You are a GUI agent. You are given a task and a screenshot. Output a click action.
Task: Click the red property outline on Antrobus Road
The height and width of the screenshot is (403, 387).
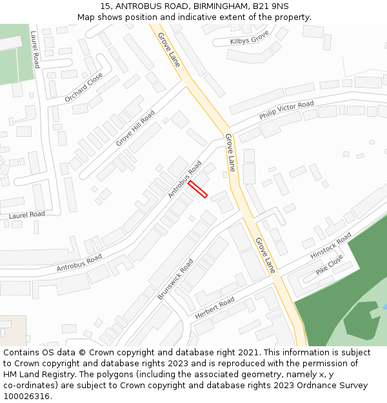click(197, 190)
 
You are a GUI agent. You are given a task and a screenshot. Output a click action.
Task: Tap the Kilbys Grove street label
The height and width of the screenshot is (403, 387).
click(249, 41)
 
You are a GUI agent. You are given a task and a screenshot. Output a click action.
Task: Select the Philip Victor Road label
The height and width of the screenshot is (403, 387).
click(286, 110)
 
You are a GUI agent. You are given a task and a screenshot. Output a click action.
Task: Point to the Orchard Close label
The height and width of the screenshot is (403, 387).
click(83, 87)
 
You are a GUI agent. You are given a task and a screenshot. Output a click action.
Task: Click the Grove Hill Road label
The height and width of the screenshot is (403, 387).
click(135, 128)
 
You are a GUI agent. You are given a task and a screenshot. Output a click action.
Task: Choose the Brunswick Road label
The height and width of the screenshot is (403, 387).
click(175, 279)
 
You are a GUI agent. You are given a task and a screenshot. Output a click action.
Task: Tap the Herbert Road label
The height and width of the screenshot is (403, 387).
click(215, 309)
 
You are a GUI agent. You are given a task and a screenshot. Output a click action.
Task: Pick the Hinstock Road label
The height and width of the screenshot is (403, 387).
click(331, 246)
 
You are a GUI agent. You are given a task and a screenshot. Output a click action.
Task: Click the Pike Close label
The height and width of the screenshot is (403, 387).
click(330, 265)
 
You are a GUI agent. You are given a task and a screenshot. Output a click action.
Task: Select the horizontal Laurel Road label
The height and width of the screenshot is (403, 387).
click(28, 214)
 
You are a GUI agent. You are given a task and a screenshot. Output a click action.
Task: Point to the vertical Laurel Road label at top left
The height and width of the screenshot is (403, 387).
click(35, 51)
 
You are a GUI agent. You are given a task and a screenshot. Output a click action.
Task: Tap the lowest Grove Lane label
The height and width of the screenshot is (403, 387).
click(265, 255)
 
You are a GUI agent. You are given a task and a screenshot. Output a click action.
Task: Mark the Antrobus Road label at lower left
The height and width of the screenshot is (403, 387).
click(79, 262)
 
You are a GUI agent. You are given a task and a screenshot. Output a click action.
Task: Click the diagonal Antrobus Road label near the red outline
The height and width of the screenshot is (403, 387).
click(185, 179)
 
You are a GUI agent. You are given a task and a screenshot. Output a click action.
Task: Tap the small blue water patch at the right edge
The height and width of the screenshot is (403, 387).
click(384, 308)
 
